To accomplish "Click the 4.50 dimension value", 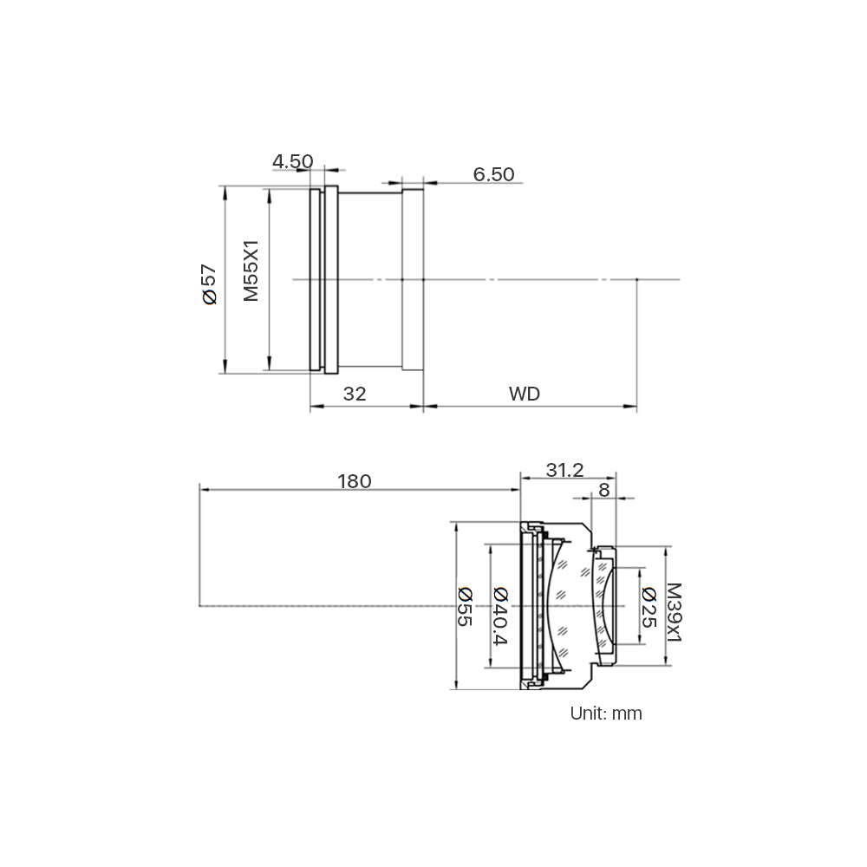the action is click(292, 161).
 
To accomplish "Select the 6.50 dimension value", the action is click(493, 174).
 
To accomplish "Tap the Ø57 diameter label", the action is click(210, 284).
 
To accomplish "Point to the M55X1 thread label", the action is click(251, 271).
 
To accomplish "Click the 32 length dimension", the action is click(355, 394).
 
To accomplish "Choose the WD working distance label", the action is click(525, 394).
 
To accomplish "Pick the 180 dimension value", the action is click(355, 481).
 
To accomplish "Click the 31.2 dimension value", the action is click(564, 470).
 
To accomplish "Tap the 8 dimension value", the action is click(603, 490).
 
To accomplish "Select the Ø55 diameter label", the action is click(466, 607).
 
